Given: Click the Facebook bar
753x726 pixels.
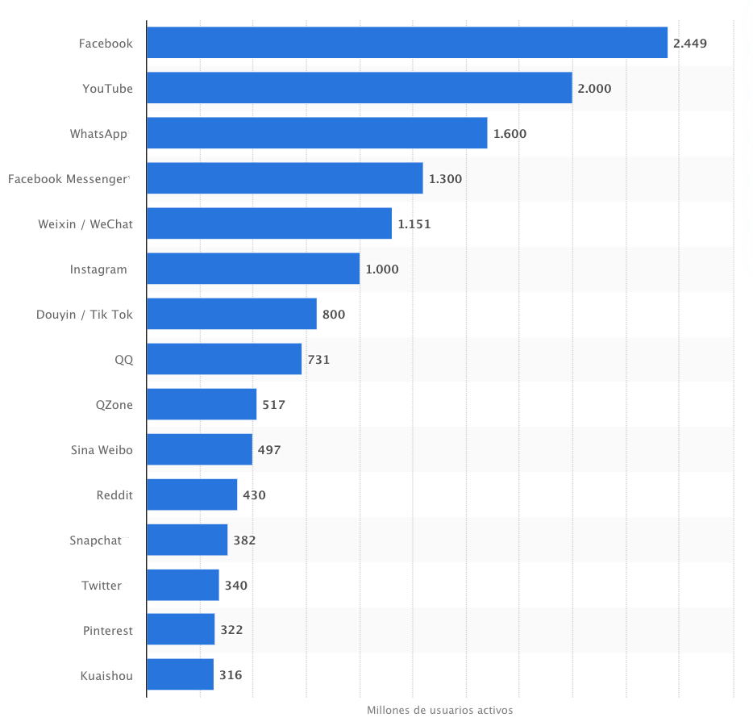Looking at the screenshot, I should (407, 43).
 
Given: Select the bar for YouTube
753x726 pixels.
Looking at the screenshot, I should (360, 88).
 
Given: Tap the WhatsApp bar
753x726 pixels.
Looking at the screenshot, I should (317, 133).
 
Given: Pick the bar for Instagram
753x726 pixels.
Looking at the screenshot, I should (253, 269).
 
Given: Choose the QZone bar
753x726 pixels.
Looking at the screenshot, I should (202, 404).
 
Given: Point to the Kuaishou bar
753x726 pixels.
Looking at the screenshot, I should (180, 674).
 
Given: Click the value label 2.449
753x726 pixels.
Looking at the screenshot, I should (690, 44).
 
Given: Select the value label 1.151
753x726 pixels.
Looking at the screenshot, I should (414, 224).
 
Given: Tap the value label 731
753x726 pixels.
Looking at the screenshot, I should (318, 360).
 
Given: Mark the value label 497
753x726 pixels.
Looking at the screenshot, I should (269, 450).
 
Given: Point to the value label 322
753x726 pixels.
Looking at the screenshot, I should (231, 630).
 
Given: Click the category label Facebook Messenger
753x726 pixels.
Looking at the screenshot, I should (68, 179).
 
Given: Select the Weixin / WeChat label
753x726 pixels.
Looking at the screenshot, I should (85, 224).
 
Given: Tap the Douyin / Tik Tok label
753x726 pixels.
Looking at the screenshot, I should (84, 315).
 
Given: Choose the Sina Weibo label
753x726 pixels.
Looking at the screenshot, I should (102, 450).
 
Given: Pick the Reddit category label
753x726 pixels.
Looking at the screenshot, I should (114, 495).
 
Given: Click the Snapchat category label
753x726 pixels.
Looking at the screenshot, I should (95, 540).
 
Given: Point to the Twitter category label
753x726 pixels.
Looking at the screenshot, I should (102, 586).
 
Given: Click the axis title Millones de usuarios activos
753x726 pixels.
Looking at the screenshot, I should (439, 711).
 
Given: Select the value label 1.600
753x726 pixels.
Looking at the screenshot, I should (510, 134).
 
